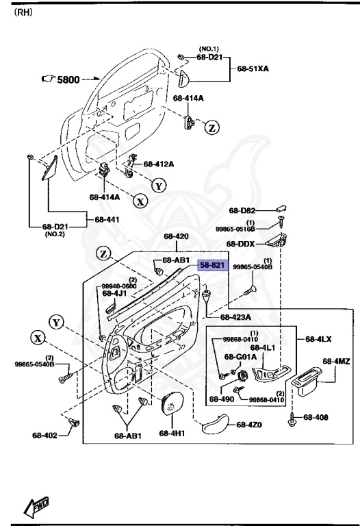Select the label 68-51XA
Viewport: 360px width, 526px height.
click(253, 69)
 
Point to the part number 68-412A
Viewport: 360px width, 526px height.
click(159, 164)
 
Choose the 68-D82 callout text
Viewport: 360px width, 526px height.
click(242, 211)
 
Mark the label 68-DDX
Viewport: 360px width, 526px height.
click(242, 244)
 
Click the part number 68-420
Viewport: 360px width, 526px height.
click(176, 237)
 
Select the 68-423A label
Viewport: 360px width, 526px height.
click(236, 317)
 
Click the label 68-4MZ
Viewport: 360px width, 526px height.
click(337, 361)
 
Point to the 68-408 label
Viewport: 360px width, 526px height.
click(316, 416)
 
